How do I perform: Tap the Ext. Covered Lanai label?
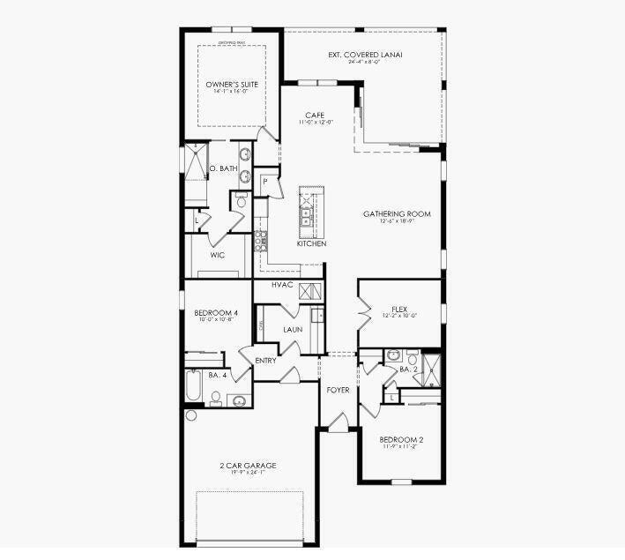coord(365,55)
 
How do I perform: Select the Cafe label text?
coord(315,116)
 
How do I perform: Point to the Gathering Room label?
coord(397,214)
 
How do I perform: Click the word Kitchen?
coord(311,243)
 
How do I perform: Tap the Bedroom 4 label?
coord(216,313)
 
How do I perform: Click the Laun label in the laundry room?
coord(293,330)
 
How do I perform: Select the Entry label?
coord(265,360)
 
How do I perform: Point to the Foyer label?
coord(338,389)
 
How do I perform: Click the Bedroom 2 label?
coord(401,439)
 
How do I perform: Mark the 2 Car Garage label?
coord(248,465)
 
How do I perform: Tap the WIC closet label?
coord(218,256)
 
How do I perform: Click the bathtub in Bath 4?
coord(193,385)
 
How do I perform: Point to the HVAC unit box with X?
coord(308,292)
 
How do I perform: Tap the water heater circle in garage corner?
coord(190,414)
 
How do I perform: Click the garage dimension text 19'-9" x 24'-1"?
coord(248,473)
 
